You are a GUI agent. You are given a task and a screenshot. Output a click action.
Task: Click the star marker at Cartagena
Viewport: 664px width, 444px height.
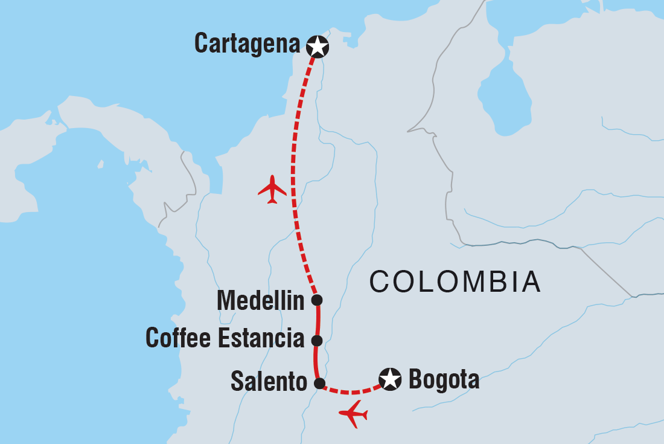(318, 46)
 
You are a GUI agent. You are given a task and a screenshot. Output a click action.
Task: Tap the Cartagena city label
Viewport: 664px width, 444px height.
(247, 44)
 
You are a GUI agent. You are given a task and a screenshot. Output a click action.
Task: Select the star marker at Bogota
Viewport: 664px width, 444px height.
(390, 379)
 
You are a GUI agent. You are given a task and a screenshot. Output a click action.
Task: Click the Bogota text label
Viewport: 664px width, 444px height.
(444, 380)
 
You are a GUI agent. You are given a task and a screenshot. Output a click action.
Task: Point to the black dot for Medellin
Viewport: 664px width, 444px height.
(316, 300)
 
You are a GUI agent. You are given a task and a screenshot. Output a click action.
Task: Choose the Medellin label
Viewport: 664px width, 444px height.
(260, 300)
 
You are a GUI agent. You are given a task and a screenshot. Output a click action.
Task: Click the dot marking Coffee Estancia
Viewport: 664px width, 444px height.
(316, 339)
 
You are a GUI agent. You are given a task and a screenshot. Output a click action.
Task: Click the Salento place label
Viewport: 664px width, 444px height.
(269, 382)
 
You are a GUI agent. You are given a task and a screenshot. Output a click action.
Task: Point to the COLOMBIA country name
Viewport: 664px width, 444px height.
(455, 282)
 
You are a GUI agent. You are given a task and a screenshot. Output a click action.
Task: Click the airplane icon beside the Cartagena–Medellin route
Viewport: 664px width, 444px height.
(272, 189)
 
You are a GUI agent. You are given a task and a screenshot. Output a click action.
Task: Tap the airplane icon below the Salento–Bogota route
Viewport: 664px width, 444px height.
(354, 414)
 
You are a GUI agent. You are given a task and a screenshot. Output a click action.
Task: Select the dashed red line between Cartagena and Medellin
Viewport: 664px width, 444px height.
(293, 175)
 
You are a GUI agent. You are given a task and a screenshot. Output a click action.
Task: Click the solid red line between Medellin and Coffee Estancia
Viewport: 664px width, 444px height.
(318, 320)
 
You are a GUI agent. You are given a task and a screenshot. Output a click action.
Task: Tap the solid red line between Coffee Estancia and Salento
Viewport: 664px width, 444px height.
(316, 361)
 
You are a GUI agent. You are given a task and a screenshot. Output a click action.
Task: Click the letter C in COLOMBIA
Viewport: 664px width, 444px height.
(381, 282)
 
